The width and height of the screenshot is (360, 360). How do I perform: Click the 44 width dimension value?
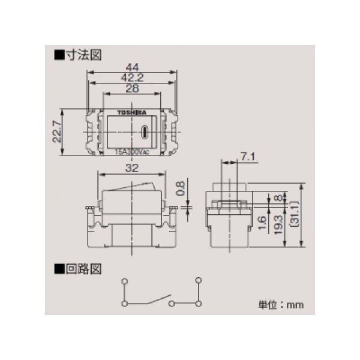pos(133,68)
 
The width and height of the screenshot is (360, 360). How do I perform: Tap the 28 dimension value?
pos(133,88)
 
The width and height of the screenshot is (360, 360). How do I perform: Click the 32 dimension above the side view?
pos(132,169)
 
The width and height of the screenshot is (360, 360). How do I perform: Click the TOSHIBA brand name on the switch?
pos(131,112)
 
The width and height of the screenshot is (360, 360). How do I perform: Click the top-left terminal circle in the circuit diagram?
pos(124,281)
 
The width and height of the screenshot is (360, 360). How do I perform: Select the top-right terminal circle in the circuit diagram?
pos(197,281)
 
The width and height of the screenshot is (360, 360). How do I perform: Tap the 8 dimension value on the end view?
pos(278,198)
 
